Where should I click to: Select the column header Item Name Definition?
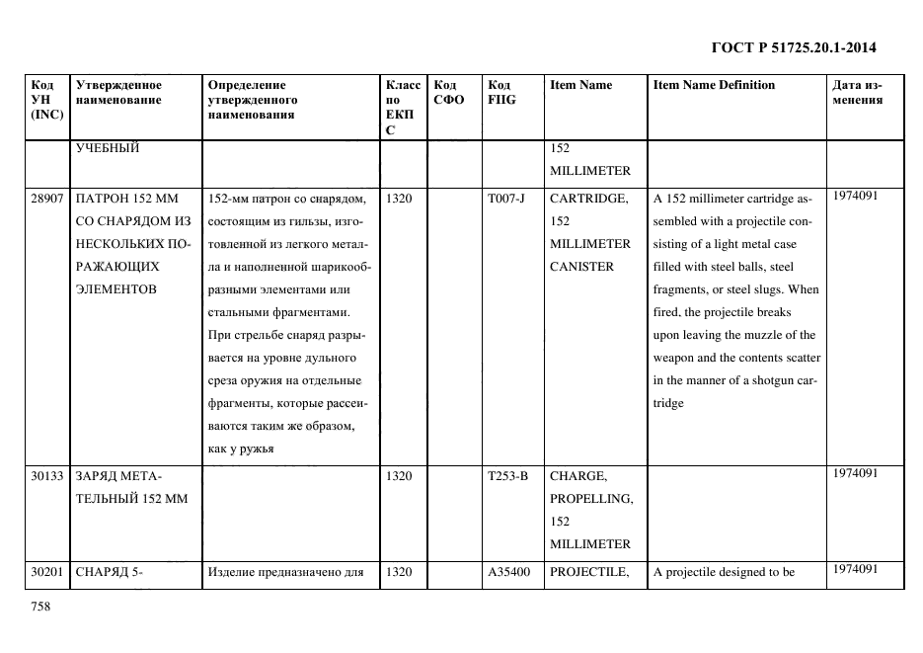coord(714,85)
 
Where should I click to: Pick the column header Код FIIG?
coord(500,92)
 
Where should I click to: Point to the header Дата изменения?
coord(857,92)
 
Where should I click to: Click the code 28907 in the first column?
coord(47,199)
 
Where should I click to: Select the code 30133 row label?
coord(47,476)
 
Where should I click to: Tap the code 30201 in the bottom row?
coord(47,571)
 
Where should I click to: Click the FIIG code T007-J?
coord(506,199)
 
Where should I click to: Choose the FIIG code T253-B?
coord(507,476)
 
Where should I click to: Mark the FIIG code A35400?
coord(508,571)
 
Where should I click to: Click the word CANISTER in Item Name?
coord(581,267)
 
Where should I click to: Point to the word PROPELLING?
coord(591,499)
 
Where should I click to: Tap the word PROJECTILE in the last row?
coord(589,571)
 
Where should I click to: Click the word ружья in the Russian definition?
coord(256,449)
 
